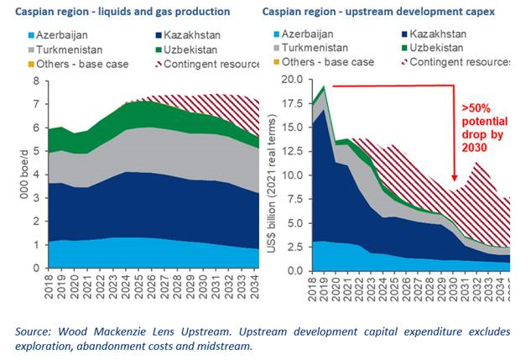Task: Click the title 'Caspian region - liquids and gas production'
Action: [117, 12]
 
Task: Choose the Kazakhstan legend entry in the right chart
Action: [452, 35]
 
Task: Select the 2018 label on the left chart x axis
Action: [49, 290]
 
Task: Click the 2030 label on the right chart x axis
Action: [454, 290]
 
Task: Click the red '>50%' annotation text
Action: [477, 108]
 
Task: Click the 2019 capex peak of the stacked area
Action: [324, 86]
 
